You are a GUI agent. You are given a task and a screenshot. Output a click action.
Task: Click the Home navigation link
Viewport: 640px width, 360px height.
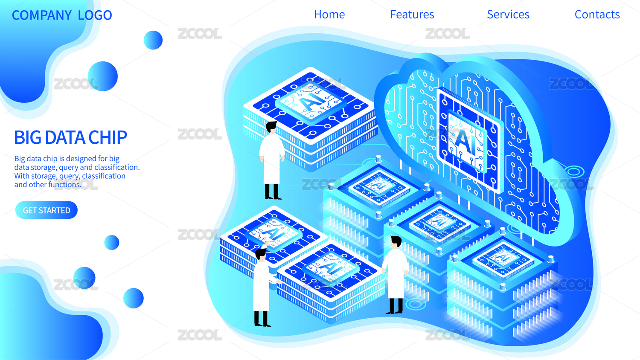click(x=329, y=14)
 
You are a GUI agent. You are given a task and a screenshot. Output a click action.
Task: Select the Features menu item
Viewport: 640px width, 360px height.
click(x=412, y=14)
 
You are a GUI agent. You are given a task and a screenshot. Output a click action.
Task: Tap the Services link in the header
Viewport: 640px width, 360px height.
click(x=508, y=14)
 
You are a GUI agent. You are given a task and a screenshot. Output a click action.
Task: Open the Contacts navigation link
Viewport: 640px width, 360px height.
click(x=597, y=14)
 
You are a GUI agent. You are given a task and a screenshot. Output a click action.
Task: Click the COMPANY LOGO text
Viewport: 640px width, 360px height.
click(x=62, y=15)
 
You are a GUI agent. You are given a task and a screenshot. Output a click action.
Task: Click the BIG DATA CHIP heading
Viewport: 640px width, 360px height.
click(x=70, y=137)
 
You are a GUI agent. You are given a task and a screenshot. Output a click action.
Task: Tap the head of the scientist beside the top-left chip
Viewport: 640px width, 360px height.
click(x=271, y=127)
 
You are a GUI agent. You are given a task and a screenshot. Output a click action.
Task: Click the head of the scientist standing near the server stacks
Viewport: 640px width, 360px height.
click(x=396, y=242)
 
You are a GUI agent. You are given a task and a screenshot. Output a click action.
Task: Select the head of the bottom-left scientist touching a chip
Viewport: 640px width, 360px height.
click(x=261, y=254)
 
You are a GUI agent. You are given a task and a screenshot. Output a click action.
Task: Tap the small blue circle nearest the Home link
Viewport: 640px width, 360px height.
click(x=153, y=40)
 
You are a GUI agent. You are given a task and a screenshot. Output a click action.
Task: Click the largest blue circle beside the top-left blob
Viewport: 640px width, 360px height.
click(x=102, y=76)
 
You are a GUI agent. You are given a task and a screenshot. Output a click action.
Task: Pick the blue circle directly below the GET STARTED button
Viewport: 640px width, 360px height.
click(x=112, y=243)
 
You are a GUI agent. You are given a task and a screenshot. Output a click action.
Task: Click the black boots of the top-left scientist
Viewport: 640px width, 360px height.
click(x=273, y=192)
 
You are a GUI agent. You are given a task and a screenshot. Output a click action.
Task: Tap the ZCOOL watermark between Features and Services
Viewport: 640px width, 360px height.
click(x=448, y=34)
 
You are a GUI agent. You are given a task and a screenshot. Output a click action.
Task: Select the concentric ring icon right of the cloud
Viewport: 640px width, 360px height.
click(x=574, y=171)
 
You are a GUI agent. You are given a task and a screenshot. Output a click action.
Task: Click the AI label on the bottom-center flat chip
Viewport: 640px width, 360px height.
click(x=332, y=268)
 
